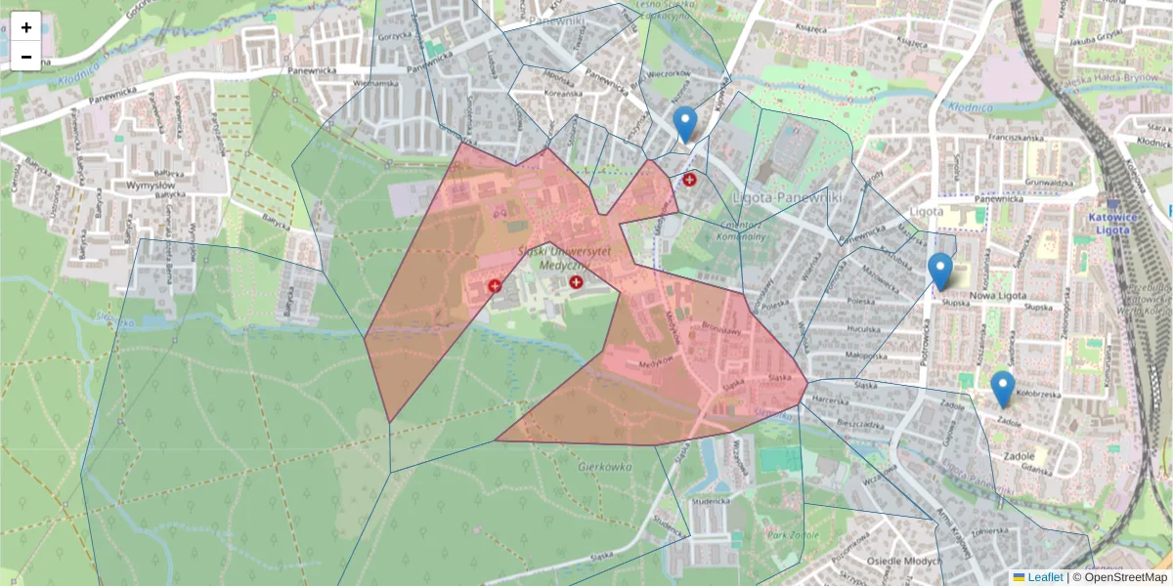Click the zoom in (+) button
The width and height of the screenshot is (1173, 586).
(x=26, y=26)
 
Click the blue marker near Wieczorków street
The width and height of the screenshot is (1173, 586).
(x=685, y=124)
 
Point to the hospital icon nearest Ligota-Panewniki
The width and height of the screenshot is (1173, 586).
(x=690, y=180)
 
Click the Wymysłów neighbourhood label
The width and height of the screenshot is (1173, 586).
(x=150, y=185)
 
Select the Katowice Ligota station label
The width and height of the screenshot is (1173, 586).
(x=1108, y=223)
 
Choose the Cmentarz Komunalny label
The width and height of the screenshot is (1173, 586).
(x=741, y=229)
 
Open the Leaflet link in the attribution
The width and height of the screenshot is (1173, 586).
(x=1045, y=577)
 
